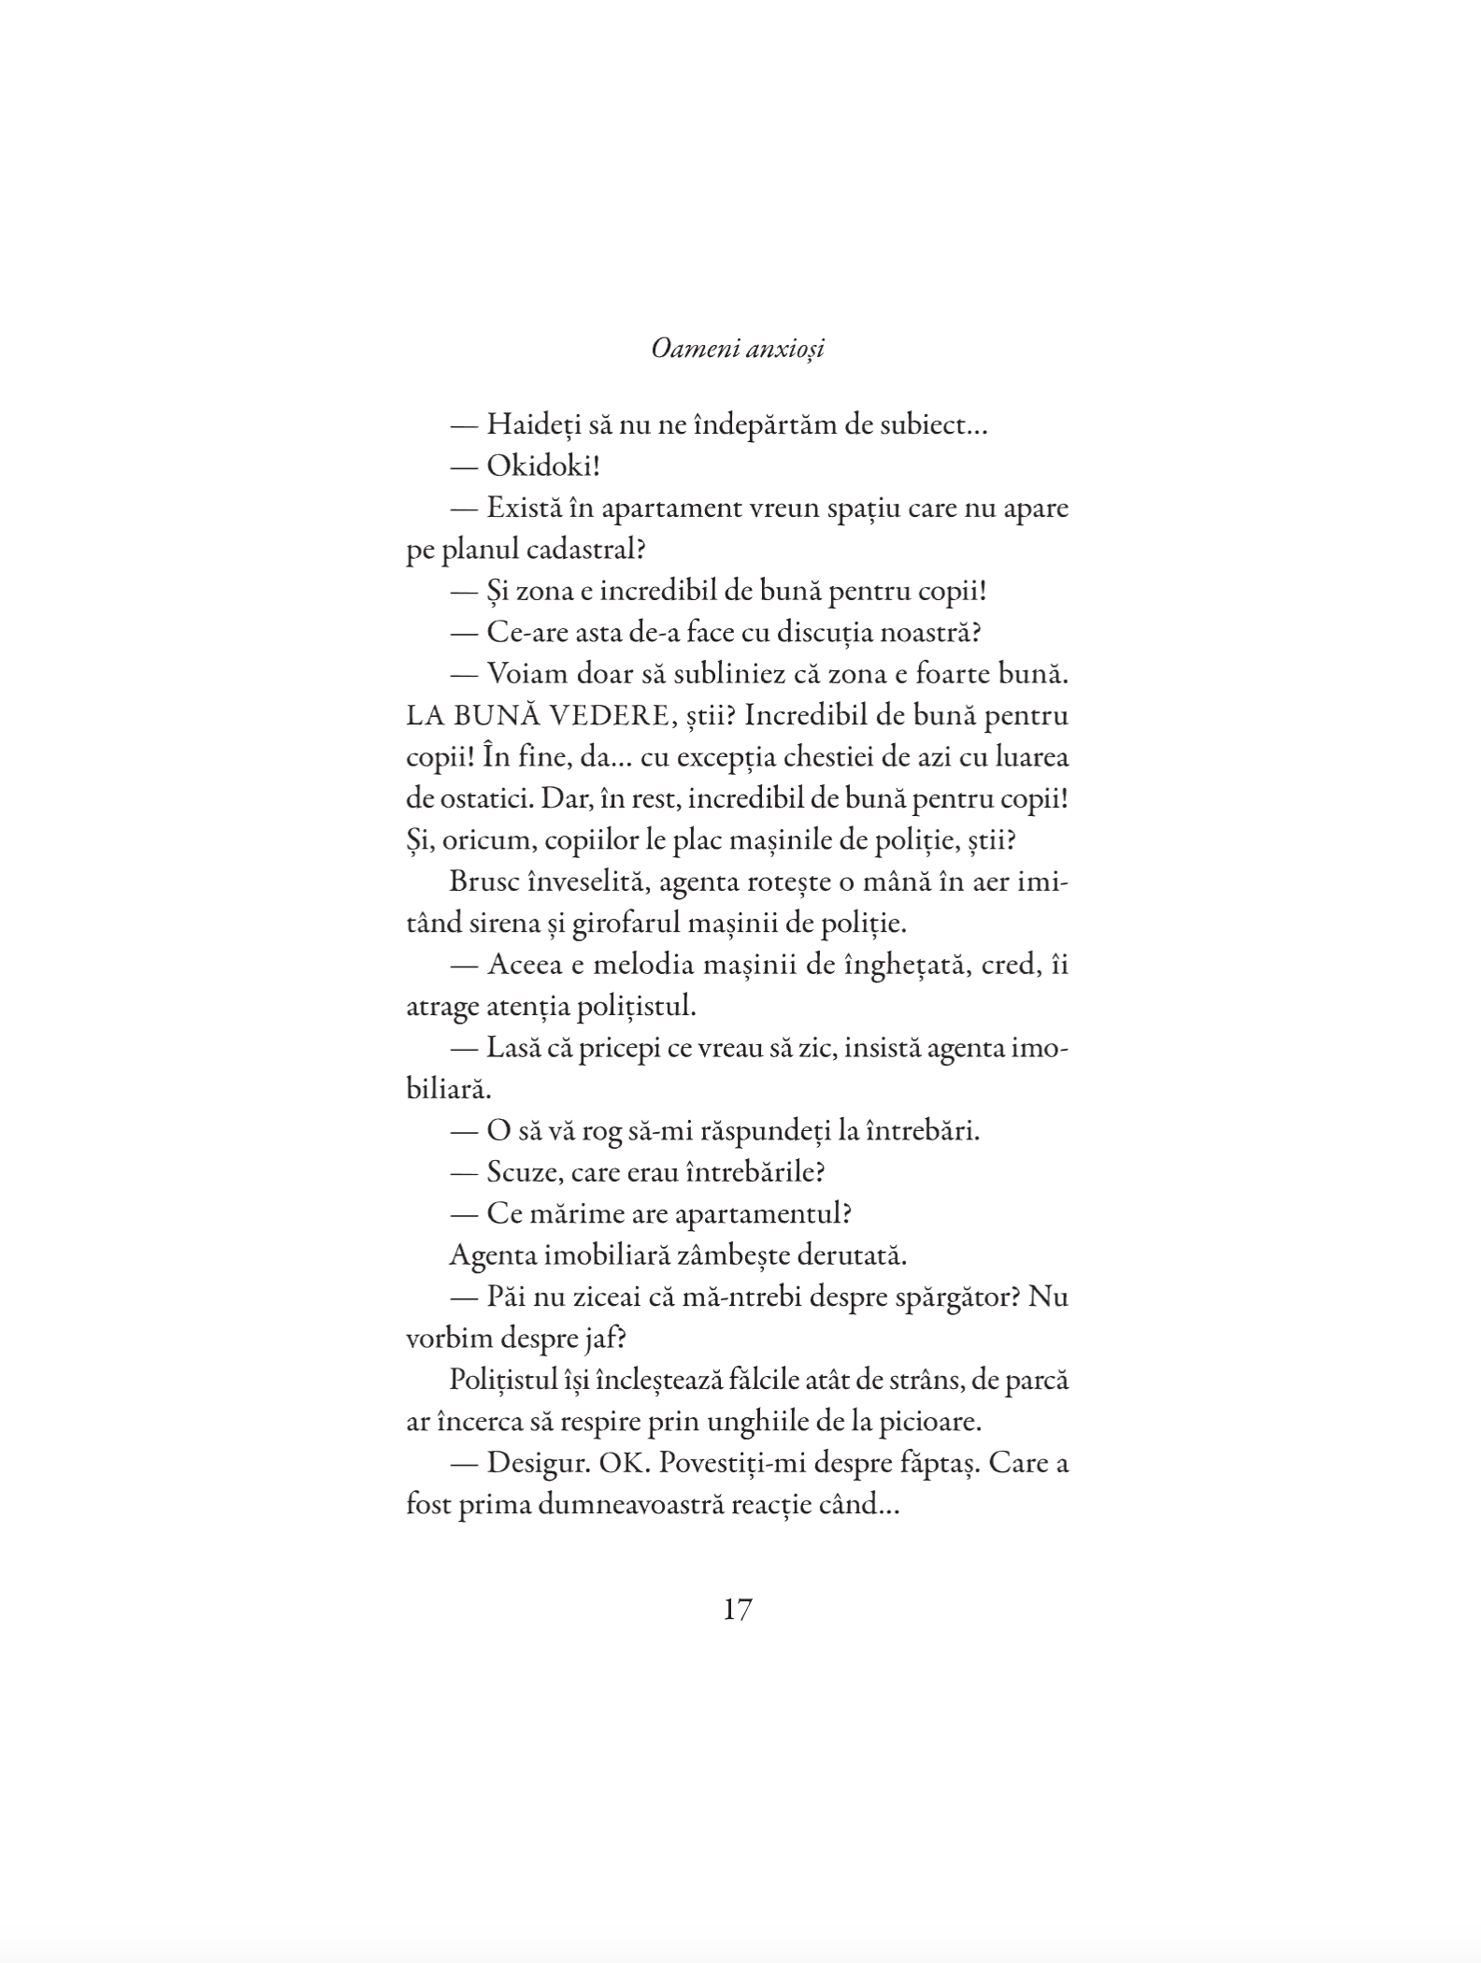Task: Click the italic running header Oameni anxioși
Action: click(x=738, y=350)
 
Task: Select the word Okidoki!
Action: click(x=542, y=466)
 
